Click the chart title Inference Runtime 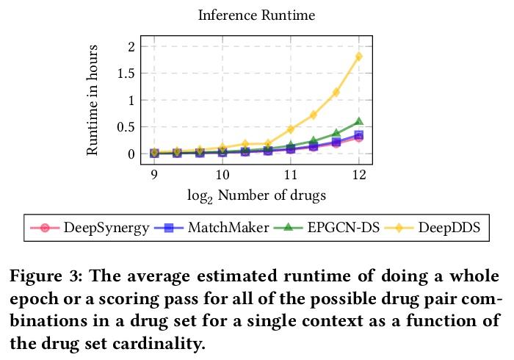pos(256,15)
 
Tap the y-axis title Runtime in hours pos(93,100)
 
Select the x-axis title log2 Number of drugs pos(256,195)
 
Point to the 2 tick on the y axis pos(132,46)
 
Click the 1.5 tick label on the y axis pos(126,73)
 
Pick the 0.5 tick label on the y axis pos(126,127)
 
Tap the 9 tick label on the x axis pos(154,174)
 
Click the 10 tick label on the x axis pos(222,174)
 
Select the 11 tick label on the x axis pos(291,174)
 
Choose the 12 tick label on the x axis pos(359,174)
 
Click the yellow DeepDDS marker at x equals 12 pos(359,57)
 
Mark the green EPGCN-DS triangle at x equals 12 pos(359,121)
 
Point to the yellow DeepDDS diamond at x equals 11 pos(291,129)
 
